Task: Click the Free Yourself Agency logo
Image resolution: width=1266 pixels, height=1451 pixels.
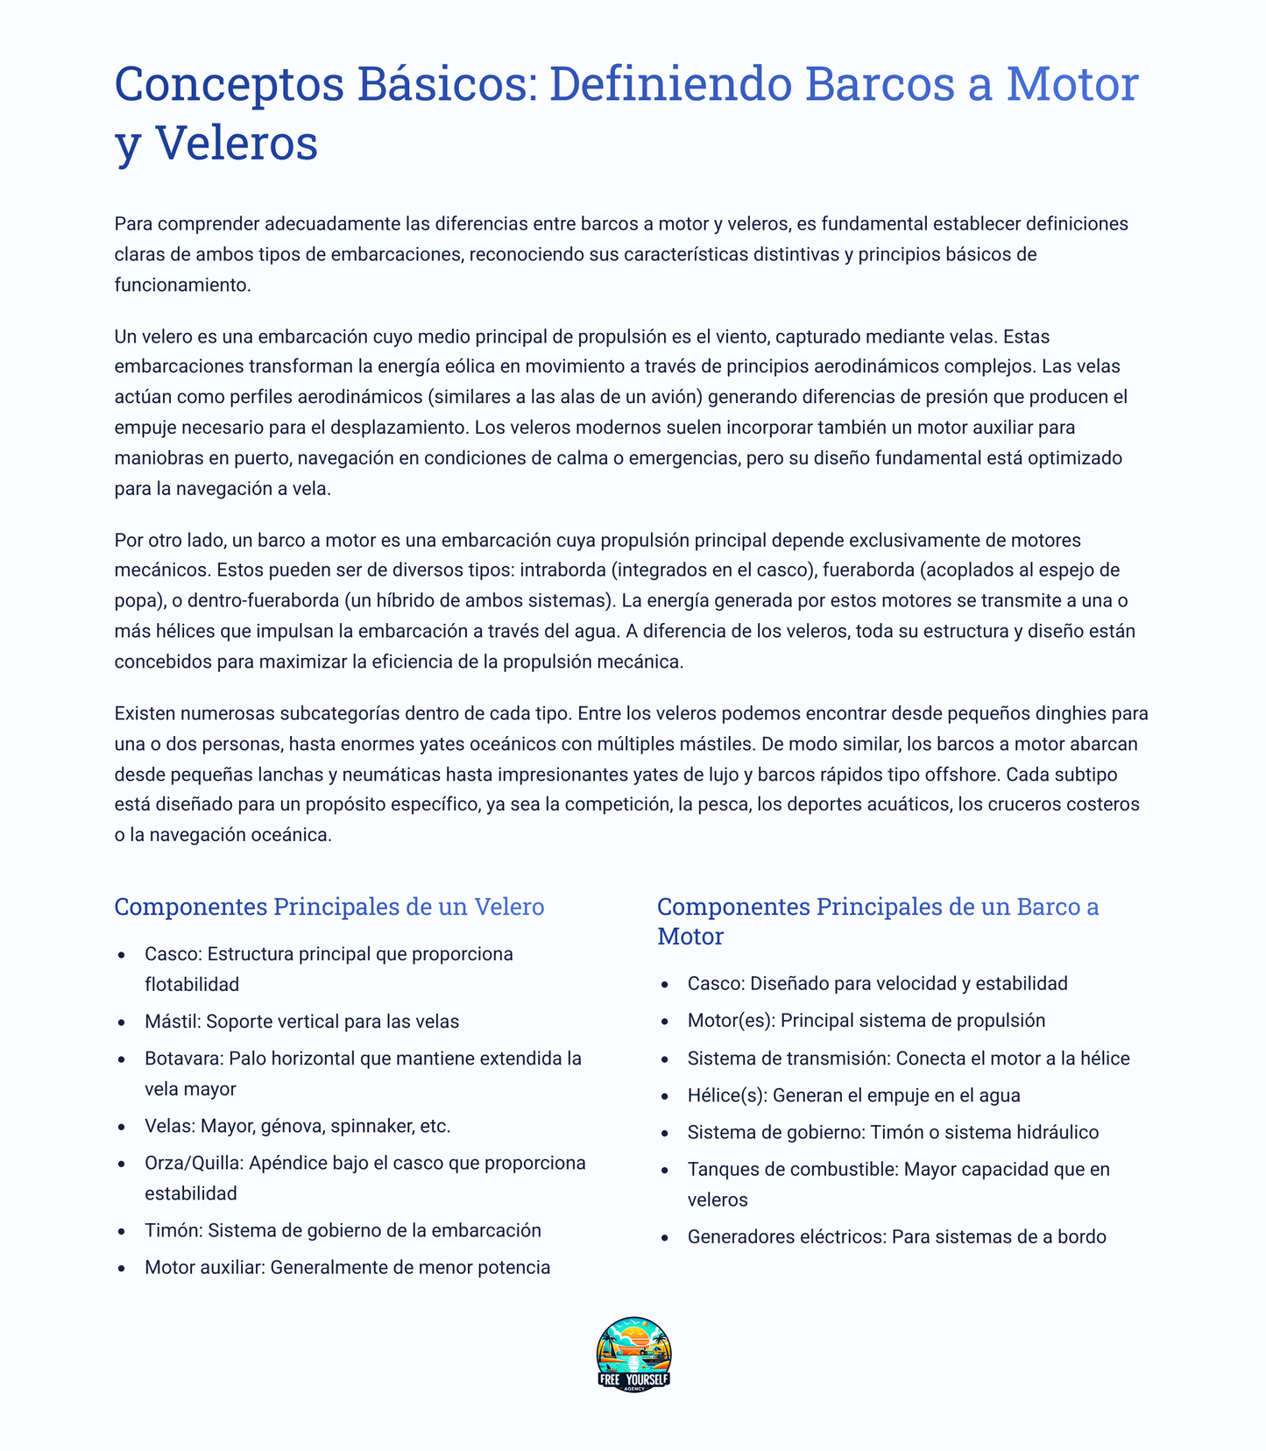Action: point(633,1354)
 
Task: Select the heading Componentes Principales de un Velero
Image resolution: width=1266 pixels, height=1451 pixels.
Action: point(329,907)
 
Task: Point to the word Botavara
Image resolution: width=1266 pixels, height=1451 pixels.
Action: point(183,1058)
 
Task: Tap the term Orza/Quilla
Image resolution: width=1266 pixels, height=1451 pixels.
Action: point(194,1163)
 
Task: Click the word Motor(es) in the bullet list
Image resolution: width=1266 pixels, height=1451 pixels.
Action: point(731,1021)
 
